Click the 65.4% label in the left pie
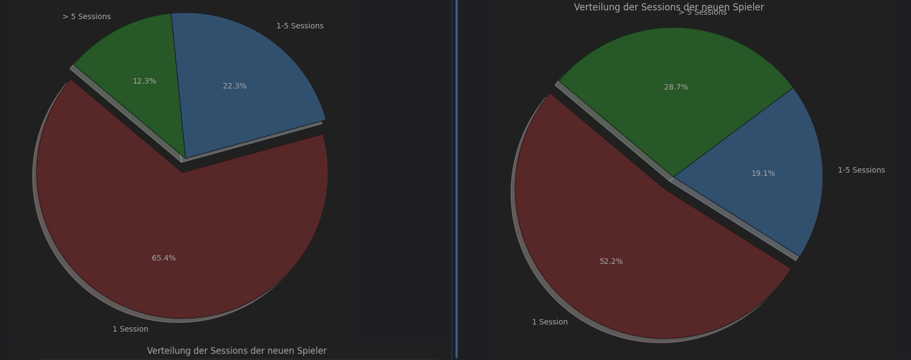coord(164,258)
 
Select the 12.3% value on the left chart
coord(144,81)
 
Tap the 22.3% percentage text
coord(235,86)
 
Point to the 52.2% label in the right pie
coord(611,262)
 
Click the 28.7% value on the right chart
coord(676,87)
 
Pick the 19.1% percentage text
coord(763,174)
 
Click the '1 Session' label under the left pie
coord(131,329)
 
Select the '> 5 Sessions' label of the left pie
coord(86,17)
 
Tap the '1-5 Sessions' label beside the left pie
coord(300,26)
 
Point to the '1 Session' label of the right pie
coord(550,322)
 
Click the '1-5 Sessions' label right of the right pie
coord(861,170)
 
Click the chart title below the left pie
coord(236,351)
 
